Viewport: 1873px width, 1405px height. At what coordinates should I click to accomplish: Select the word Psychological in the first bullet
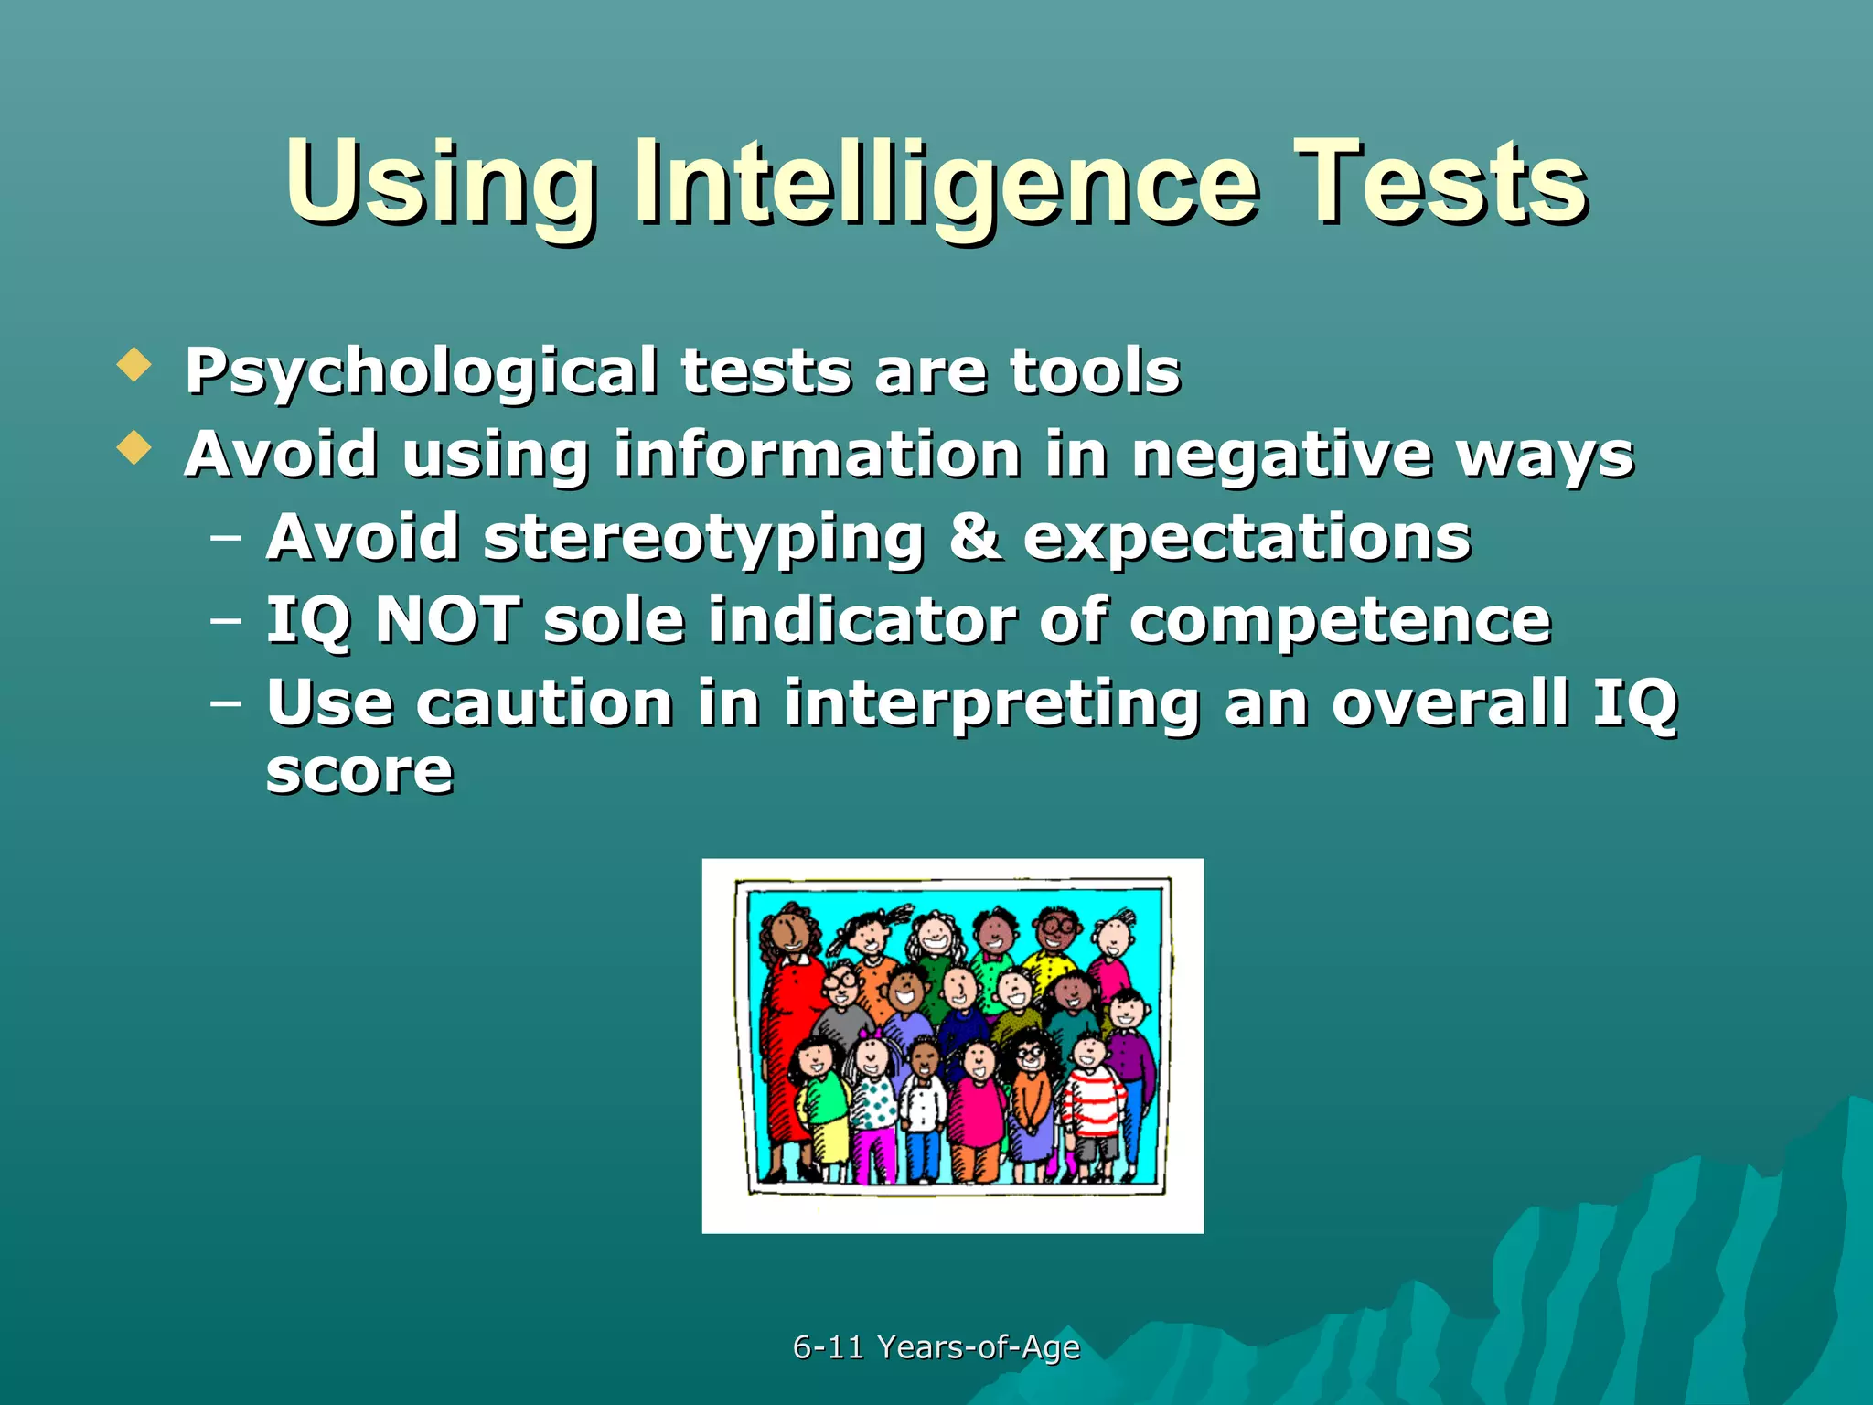tap(421, 372)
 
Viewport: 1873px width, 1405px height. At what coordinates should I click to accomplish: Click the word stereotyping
tap(703, 538)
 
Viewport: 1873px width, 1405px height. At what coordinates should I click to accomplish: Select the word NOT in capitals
tap(448, 620)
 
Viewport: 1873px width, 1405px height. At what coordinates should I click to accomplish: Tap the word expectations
tap(1247, 538)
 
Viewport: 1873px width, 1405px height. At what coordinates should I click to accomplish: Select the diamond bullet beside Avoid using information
tap(134, 447)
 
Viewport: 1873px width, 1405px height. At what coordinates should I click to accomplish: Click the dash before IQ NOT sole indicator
tap(225, 621)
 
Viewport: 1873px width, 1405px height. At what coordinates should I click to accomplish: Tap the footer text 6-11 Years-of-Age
tap(936, 1346)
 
